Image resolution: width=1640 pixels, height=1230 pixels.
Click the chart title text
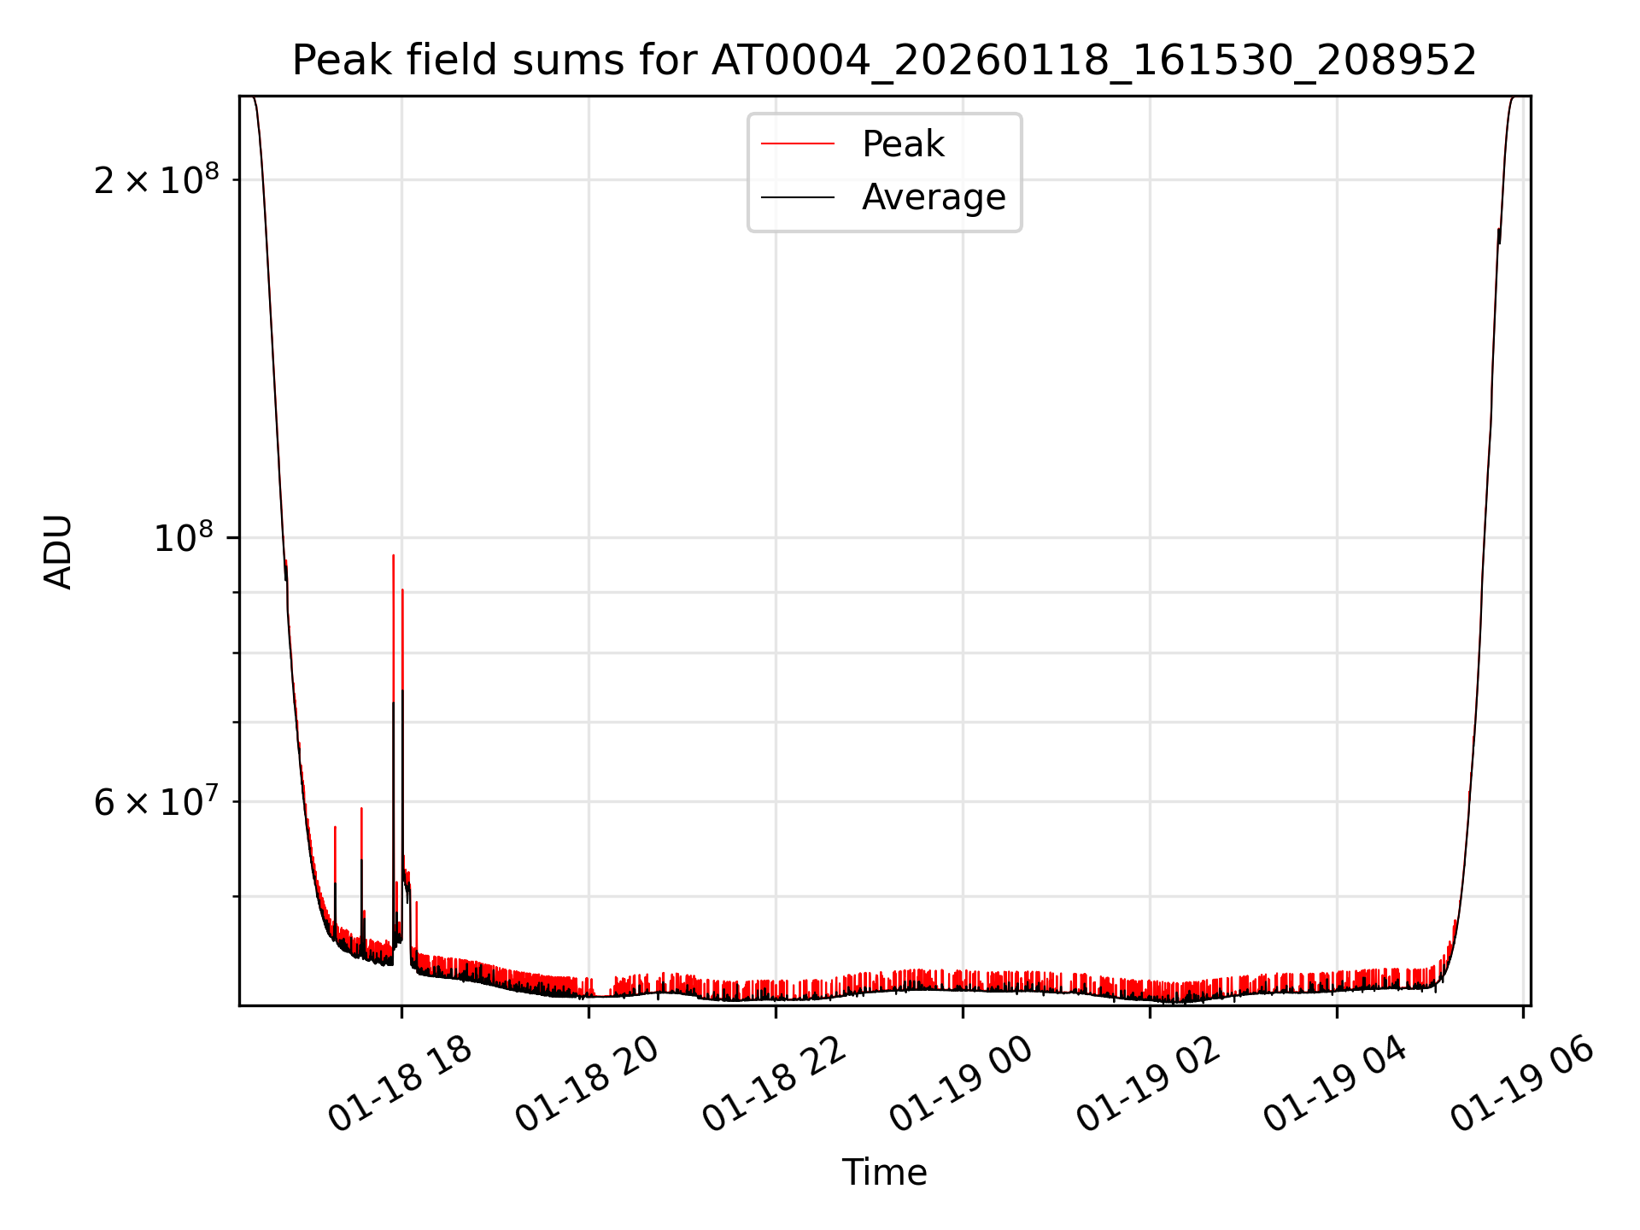[884, 61]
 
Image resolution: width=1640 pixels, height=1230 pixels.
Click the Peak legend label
[903, 144]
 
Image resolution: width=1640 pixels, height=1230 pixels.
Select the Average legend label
[934, 197]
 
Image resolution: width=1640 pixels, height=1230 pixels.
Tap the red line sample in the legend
[798, 144]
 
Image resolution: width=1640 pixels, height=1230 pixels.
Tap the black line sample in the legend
[798, 197]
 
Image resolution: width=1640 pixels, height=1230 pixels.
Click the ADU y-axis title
[58, 552]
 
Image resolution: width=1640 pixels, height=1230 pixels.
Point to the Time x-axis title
[884, 1172]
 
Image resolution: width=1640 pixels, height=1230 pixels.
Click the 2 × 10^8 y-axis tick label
[156, 180]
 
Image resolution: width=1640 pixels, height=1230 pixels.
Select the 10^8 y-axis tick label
[184, 538]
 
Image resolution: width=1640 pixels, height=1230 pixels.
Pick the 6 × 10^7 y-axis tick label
[156, 802]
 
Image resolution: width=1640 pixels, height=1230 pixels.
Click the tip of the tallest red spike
[393, 555]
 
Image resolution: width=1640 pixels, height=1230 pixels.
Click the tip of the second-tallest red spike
[402, 589]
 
